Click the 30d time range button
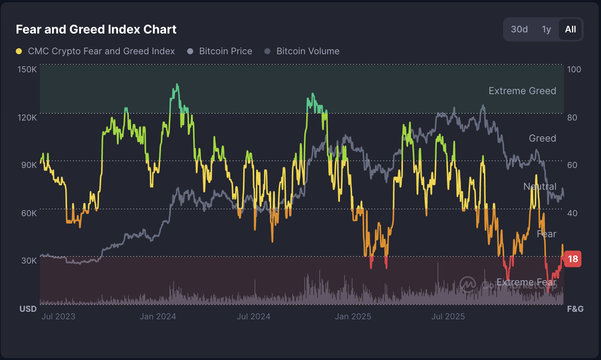[519, 29]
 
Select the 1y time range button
[546, 29]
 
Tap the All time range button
[570, 29]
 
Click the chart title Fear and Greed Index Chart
[96, 29]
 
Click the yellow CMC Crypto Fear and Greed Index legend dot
[19, 51]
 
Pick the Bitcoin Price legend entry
[225, 51]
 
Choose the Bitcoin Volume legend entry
[307, 51]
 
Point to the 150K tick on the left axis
[27, 69]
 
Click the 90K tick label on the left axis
[29, 165]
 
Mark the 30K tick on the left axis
[29, 261]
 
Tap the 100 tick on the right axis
[574, 69]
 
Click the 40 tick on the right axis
[572, 213]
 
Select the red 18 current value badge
[572, 259]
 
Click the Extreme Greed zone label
[522, 91]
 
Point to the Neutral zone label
[540, 186]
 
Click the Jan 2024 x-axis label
[158, 316]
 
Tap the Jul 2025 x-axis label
[448, 316]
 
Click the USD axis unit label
[28, 309]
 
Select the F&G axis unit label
[575, 309]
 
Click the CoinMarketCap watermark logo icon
[468, 284]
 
